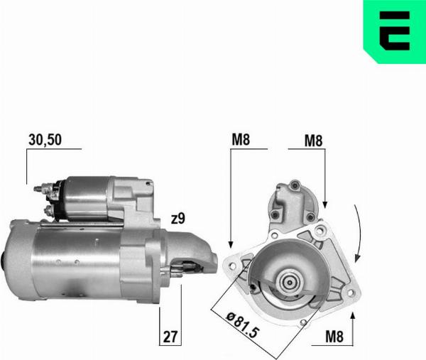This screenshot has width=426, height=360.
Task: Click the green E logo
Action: pyautogui.click(x=394, y=31)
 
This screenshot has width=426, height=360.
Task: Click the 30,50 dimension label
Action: pyautogui.click(x=45, y=140)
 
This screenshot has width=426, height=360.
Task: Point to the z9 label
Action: pyautogui.click(x=178, y=219)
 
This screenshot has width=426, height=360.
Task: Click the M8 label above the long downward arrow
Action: pyautogui.click(x=241, y=140)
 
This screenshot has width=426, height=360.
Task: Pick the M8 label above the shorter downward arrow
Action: pyautogui.click(x=313, y=141)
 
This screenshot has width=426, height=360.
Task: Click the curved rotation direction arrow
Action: pyautogui.click(x=361, y=231)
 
